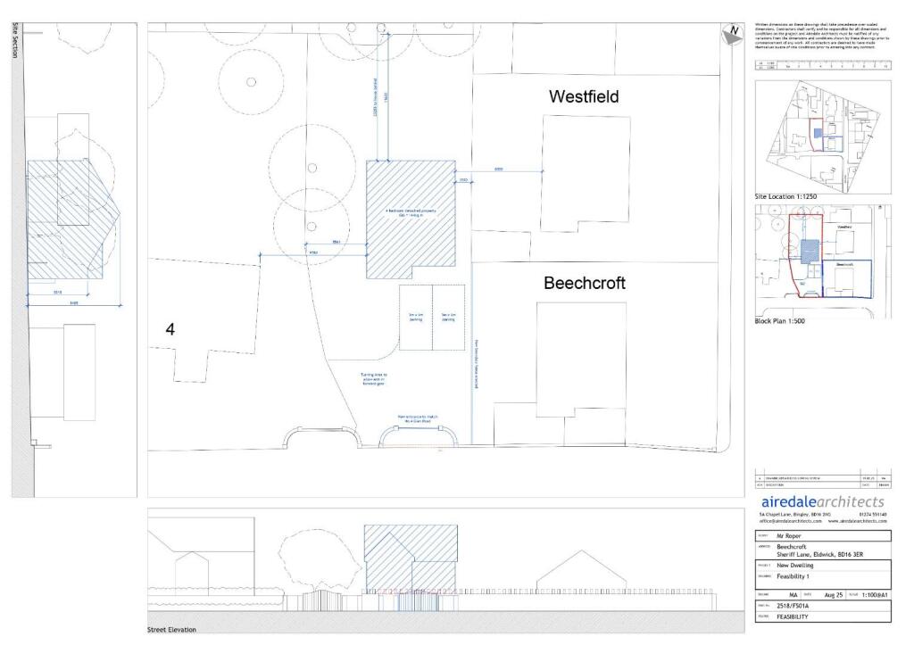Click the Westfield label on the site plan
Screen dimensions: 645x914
[584, 96]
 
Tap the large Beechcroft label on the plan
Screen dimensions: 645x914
[585, 283]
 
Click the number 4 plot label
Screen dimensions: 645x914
[170, 329]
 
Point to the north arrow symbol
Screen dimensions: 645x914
[732, 34]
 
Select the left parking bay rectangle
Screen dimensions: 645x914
[415, 318]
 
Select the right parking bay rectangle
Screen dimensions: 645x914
[448, 318]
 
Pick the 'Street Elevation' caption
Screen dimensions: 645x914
[171, 629]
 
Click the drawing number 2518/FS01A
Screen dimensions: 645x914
[798, 605]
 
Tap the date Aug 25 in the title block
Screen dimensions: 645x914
[833, 592]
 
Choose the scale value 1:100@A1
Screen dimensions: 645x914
[875, 592]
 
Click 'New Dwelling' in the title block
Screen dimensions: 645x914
[797, 565]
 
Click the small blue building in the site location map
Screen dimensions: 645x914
[818, 133]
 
